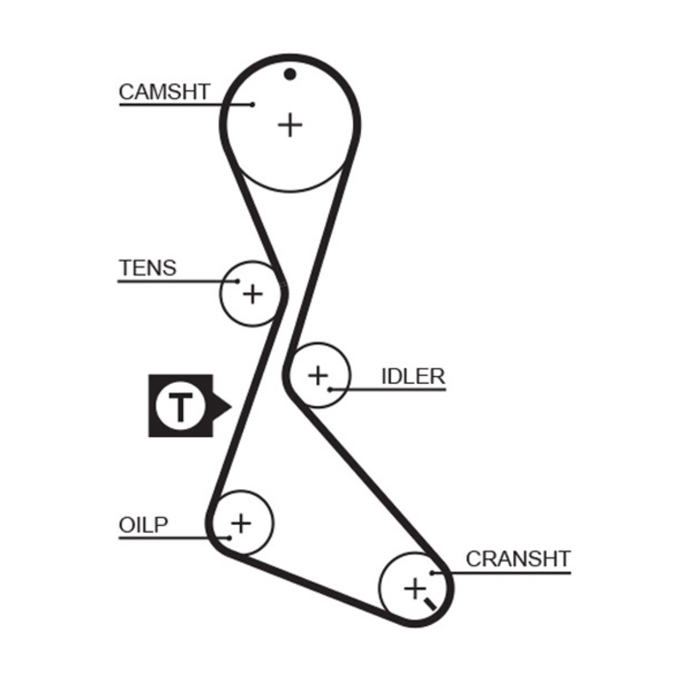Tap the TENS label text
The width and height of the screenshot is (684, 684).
coord(147,268)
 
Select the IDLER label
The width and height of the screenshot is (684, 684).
coord(413,376)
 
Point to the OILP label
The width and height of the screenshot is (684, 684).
coord(143,524)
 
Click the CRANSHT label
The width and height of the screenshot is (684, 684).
coord(517,559)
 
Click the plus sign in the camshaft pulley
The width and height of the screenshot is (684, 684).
coord(291,125)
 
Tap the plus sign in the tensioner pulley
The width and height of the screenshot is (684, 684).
coord(252,294)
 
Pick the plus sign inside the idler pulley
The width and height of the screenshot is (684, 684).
coord(318,374)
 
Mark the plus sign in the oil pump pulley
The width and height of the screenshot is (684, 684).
coord(241,522)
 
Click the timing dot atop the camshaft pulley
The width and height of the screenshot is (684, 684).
coord(290,74)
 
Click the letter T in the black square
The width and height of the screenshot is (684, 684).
coord(180,406)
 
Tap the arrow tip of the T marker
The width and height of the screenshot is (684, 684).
coord(227,406)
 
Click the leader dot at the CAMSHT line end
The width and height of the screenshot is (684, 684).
coord(254,105)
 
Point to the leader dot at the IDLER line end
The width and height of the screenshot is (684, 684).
coord(329,390)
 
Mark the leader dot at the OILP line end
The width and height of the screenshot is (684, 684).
coord(229,537)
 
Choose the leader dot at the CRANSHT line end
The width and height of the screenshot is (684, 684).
coord(434,572)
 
